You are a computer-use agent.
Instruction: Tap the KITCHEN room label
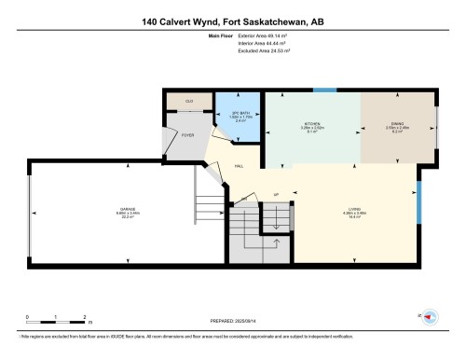pyautogui.click(x=313, y=124)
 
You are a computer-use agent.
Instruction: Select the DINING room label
pyautogui.click(x=397, y=124)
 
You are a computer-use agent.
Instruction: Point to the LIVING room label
pyautogui.click(x=354, y=209)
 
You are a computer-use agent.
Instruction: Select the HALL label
pyautogui.click(x=239, y=165)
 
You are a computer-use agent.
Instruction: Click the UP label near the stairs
pyautogui.click(x=276, y=195)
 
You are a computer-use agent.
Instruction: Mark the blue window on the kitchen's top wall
pyautogui.click(x=325, y=90)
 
